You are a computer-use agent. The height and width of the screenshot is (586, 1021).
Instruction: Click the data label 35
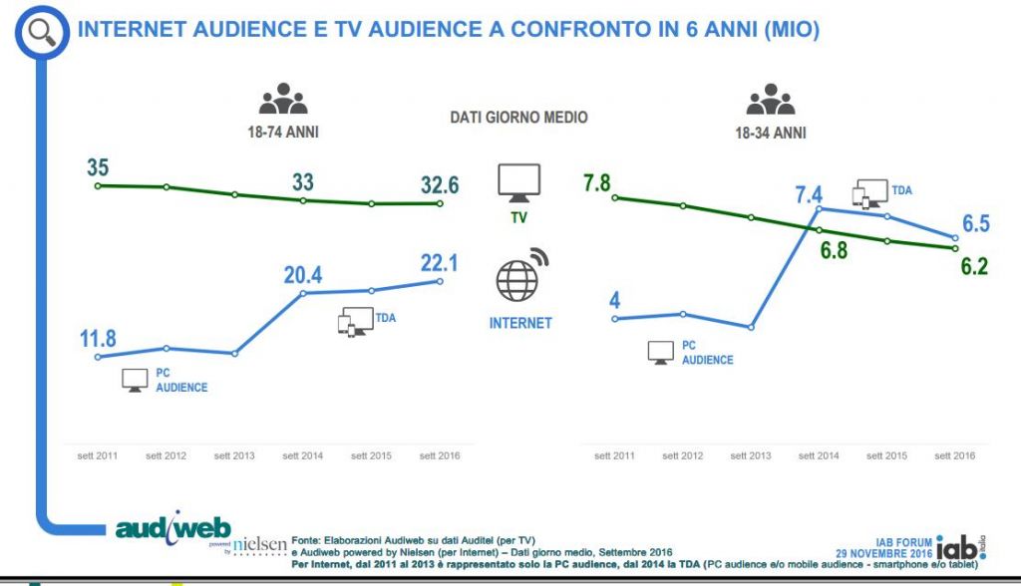click(x=97, y=165)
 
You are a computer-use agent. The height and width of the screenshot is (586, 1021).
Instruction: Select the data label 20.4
click(x=303, y=274)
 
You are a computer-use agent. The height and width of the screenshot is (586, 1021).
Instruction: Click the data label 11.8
click(x=98, y=338)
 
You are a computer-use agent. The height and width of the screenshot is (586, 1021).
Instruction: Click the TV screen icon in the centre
click(x=519, y=182)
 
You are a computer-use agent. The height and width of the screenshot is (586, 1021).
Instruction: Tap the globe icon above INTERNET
click(x=520, y=276)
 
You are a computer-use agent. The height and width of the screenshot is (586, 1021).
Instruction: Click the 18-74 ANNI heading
click(x=284, y=132)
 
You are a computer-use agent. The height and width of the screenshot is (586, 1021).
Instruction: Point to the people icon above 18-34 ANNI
click(x=771, y=100)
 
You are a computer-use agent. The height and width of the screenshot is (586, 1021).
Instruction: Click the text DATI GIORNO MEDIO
click(x=518, y=118)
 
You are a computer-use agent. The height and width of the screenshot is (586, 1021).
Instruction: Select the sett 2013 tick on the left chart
click(x=234, y=455)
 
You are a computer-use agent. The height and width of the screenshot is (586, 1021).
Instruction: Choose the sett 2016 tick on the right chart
click(x=954, y=455)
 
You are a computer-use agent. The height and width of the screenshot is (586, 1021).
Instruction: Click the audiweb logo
click(x=173, y=528)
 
